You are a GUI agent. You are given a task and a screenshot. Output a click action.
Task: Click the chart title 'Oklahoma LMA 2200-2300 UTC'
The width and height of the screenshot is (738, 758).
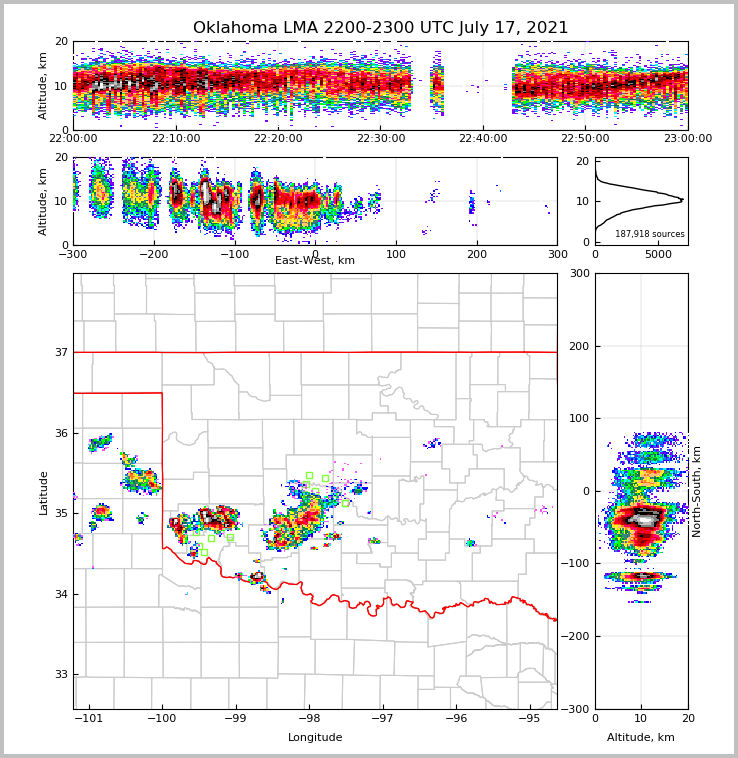[x=380, y=28]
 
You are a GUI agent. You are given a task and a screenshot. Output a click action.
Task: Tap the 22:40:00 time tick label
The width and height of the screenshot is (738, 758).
[x=483, y=139]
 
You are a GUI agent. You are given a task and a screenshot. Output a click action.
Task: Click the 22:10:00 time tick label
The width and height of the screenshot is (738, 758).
[x=176, y=139]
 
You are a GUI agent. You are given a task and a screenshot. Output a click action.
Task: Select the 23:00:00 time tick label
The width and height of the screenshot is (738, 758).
[x=688, y=139]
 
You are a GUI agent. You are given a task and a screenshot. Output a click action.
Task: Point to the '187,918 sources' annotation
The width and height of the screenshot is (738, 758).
[x=649, y=234]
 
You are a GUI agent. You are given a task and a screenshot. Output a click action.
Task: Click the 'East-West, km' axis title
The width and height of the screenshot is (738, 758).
[x=315, y=261]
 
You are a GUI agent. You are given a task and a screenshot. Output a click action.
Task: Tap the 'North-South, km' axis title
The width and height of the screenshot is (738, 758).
[x=697, y=491]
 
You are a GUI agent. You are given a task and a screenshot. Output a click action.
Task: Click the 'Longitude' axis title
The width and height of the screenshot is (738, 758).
[x=315, y=738]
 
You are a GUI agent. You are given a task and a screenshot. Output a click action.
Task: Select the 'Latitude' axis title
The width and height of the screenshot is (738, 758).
[x=43, y=492]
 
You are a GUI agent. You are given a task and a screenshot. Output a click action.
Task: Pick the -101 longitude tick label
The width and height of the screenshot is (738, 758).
[x=90, y=719]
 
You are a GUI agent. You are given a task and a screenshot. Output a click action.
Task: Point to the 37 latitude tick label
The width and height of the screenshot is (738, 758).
[x=61, y=353]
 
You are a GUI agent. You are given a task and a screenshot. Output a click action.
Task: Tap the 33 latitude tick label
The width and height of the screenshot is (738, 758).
[x=61, y=675]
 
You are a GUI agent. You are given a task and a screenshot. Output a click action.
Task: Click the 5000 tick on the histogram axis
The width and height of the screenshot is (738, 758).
[x=658, y=255]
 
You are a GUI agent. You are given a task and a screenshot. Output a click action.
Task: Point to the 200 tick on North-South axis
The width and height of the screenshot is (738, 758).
[x=578, y=346]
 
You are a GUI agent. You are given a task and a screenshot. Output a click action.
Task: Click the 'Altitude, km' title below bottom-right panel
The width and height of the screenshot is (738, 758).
[x=641, y=738]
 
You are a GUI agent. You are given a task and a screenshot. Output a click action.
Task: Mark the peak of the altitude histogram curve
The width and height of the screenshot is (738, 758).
[x=682, y=200]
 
